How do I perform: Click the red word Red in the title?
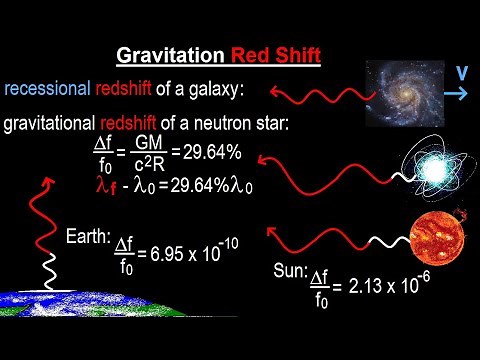point(255,55)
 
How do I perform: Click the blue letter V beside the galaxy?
point(463,73)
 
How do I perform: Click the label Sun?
point(290,272)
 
